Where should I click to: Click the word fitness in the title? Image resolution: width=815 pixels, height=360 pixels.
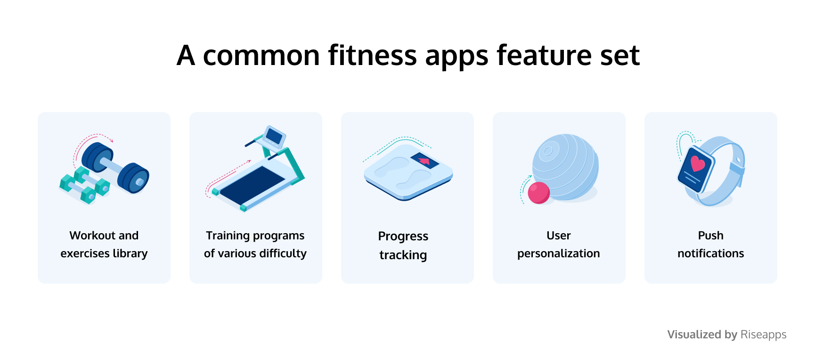[x=372, y=55]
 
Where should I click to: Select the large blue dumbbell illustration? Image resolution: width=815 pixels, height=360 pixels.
[x=115, y=168]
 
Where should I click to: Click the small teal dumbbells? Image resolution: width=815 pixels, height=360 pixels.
[x=85, y=185]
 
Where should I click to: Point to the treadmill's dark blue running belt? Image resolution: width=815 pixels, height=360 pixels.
[x=252, y=185]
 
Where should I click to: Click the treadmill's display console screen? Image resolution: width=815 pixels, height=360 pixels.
[x=274, y=136]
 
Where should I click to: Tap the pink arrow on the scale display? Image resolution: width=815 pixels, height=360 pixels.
[x=424, y=161]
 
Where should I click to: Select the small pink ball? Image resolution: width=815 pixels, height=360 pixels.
[x=539, y=193]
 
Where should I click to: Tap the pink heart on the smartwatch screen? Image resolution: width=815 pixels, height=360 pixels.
[x=698, y=164]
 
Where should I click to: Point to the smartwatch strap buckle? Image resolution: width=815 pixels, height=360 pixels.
[x=736, y=167]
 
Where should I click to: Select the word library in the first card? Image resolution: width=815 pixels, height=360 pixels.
[x=130, y=254]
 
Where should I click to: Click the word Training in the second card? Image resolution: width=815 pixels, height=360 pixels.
[x=228, y=236]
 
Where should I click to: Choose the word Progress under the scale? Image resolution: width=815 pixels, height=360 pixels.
[x=403, y=236]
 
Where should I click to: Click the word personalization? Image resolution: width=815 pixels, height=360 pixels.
[x=559, y=254]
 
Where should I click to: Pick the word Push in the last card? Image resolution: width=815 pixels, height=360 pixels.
[x=711, y=236]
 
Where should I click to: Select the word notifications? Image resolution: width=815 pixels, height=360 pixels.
[x=711, y=254]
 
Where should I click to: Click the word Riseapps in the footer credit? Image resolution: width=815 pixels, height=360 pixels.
[x=764, y=335]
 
